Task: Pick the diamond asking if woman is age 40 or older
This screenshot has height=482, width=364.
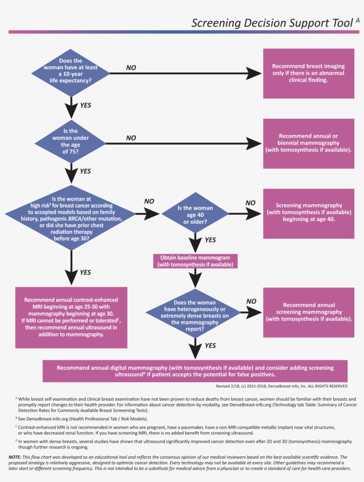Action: [x=195, y=215]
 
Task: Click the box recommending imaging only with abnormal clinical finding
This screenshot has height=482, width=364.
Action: [x=309, y=73]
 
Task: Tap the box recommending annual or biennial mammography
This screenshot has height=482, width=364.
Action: [x=309, y=143]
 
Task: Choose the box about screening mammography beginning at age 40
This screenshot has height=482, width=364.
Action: [x=309, y=213]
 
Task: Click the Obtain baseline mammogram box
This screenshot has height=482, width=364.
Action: [x=195, y=261]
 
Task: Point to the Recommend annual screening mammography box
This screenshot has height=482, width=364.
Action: [x=309, y=312]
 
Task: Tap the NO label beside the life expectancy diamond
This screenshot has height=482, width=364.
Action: [x=131, y=68]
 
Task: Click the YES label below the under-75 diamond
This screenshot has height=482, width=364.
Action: [x=85, y=171]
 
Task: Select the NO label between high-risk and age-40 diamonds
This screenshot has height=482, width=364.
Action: [x=150, y=201]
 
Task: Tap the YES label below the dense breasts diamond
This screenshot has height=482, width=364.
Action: [x=210, y=345]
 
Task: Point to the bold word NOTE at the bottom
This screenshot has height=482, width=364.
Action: [x=14, y=457]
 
